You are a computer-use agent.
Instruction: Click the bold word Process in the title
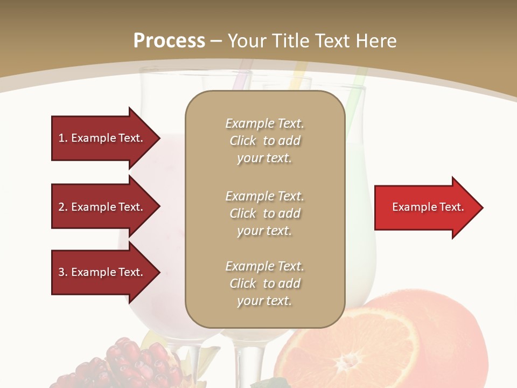(x=169, y=41)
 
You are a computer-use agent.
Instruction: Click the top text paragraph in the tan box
(x=264, y=141)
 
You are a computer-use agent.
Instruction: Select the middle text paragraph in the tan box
(x=264, y=213)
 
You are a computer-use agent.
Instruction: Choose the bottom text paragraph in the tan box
(x=264, y=283)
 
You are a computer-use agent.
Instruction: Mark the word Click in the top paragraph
(x=243, y=141)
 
